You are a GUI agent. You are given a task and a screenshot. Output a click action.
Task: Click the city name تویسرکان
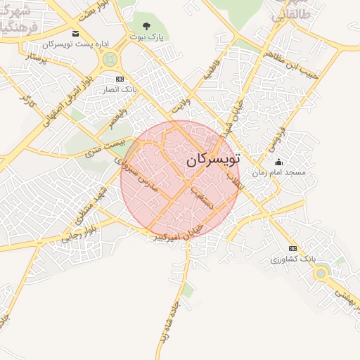[214, 160]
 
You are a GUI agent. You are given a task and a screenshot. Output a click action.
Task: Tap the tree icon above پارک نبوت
[146, 27]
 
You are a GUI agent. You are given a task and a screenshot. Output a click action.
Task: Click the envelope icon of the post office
[75, 34]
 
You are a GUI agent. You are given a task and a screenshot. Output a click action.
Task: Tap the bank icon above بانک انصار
[120, 79]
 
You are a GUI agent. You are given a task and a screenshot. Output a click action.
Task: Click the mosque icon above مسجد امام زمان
[278, 162]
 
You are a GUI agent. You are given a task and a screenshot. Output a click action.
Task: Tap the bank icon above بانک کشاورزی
[292, 248]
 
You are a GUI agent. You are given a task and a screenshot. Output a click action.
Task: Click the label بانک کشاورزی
[290, 259]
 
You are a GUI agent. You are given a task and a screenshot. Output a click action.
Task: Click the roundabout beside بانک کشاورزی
[321, 273]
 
